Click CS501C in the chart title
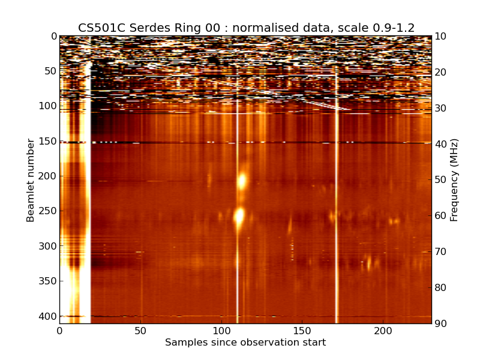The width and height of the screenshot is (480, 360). click(x=98, y=28)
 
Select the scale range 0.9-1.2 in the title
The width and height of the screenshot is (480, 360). click(x=389, y=28)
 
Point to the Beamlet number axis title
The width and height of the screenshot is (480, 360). click(x=31, y=180)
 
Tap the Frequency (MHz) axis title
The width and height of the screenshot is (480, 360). click(x=454, y=180)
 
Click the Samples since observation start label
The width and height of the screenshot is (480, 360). click(x=245, y=343)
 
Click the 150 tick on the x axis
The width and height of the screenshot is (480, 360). click(x=302, y=331)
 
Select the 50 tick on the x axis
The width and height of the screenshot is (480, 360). click(x=140, y=331)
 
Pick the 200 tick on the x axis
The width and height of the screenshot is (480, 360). click(x=383, y=331)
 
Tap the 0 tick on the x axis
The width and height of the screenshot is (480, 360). click(x=59, y=331)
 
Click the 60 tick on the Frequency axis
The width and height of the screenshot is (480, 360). click(x=441, y=215)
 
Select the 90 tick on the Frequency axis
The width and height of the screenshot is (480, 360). click(x=441, y=323)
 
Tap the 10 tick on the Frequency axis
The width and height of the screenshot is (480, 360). click(x=441, y=36)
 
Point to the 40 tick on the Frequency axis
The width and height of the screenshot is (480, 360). click(x=441, y=144)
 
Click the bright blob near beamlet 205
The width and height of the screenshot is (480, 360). click(x=242, y=181)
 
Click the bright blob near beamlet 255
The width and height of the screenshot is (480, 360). click(x=239, y=215)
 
